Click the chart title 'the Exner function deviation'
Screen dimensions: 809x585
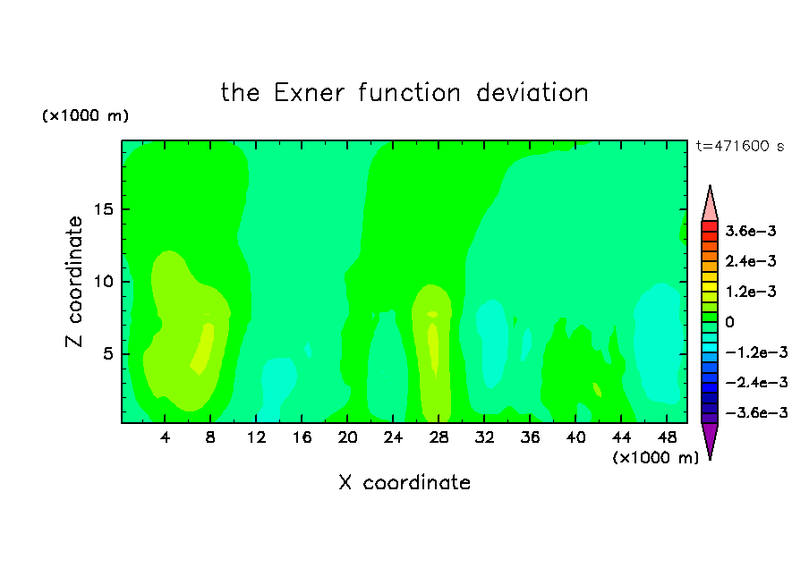click(x=404, y=93)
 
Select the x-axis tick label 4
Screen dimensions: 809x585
click(x=165, y=437)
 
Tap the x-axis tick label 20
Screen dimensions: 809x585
click(x=347, y=437)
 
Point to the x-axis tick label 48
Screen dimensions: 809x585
click(x=667, y=437)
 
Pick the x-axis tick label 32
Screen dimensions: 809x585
click(x=484, y=437)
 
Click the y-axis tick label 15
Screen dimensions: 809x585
click(x=103, y=209)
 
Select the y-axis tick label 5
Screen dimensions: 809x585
click(x=107, y=354)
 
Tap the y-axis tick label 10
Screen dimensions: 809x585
click(x=103, y=282)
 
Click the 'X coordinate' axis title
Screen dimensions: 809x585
click(x=404, y=482)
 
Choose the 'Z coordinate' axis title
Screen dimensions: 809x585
click(x=73, y=282)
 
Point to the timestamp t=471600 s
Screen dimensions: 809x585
click(x=740, y=146)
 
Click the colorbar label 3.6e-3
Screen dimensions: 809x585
click(x=750, y=231)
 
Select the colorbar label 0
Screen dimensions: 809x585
click(x=729, y=322)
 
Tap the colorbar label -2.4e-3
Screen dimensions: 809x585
click(x=756, y=382)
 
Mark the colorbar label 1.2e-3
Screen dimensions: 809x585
click(x=750, y=292)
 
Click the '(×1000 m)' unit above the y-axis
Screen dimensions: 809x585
click(x=85, y=115)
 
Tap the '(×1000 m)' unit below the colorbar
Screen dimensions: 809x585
click(x=655, y=458)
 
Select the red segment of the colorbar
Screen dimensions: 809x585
click(x=710, y=226)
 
